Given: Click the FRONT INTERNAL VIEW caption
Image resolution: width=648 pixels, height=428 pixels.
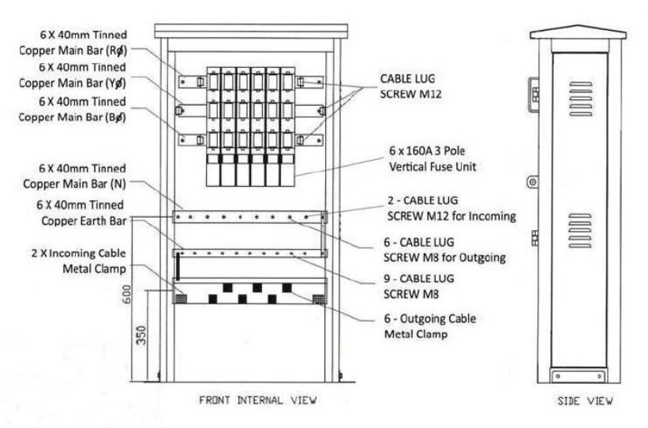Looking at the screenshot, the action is [258, 400].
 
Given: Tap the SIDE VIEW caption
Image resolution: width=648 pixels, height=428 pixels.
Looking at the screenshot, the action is [585, 400].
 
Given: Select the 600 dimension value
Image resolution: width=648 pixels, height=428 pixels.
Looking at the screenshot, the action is [127, 294].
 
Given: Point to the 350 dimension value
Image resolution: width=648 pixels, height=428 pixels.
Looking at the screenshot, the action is [141, 335].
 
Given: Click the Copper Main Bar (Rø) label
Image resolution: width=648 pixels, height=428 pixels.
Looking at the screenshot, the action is [73, 50].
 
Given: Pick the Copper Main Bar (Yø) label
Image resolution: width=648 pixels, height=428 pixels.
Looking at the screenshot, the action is [73, 83].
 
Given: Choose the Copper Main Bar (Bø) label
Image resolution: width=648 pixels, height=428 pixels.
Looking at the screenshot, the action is [73, 117].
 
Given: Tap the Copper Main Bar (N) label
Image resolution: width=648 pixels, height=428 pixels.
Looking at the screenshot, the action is [74, 184].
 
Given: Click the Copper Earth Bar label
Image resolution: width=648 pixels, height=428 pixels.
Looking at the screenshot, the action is [84, 221].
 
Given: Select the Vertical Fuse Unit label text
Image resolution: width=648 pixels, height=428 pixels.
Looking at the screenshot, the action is [433, 167].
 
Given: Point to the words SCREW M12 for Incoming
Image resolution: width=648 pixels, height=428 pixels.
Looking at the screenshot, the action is [451, 216].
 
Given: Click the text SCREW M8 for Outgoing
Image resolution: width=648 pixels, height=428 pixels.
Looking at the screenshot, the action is [444, 258].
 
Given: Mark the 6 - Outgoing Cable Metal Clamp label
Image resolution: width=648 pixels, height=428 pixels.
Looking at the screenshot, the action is [430, 326].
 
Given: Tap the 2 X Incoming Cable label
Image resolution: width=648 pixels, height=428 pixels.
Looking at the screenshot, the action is [79, 253].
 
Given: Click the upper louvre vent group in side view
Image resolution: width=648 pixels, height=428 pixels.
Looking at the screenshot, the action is [580, 99].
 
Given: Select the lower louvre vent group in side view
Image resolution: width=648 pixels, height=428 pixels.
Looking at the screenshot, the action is [580, 230].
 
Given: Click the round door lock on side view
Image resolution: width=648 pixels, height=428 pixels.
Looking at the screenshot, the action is [533, 181].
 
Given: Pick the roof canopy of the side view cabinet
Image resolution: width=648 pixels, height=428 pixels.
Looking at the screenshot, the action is [578, 32].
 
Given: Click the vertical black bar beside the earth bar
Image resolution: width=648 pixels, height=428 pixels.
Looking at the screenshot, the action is [178, 266].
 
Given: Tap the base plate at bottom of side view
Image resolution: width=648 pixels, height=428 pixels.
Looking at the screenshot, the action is [579, 376].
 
